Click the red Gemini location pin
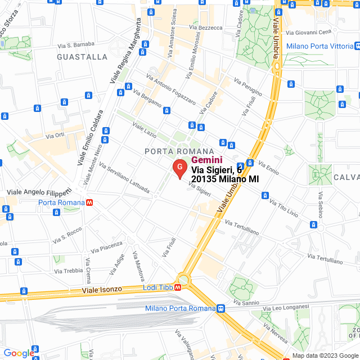click(x=179, y=169)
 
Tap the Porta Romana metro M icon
click(x=89, y=202)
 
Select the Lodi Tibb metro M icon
click(x=178, y=287)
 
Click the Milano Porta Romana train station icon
click(x=221, y=308)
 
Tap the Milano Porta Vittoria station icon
click(x=358, y=46)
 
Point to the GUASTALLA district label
click(x=82, y=57)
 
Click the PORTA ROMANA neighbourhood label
click(x=179, y=151)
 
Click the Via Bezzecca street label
click(x=206, y=27)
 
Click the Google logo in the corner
click(x=19, y=353)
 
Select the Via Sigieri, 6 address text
click(x=217, y=169)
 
